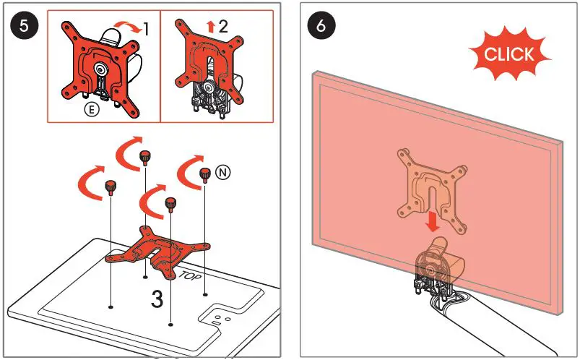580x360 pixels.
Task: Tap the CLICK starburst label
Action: pos(509,53)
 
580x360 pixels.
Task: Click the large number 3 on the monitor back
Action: pos(157,299)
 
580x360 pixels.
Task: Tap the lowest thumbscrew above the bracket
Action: pos(170,203)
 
